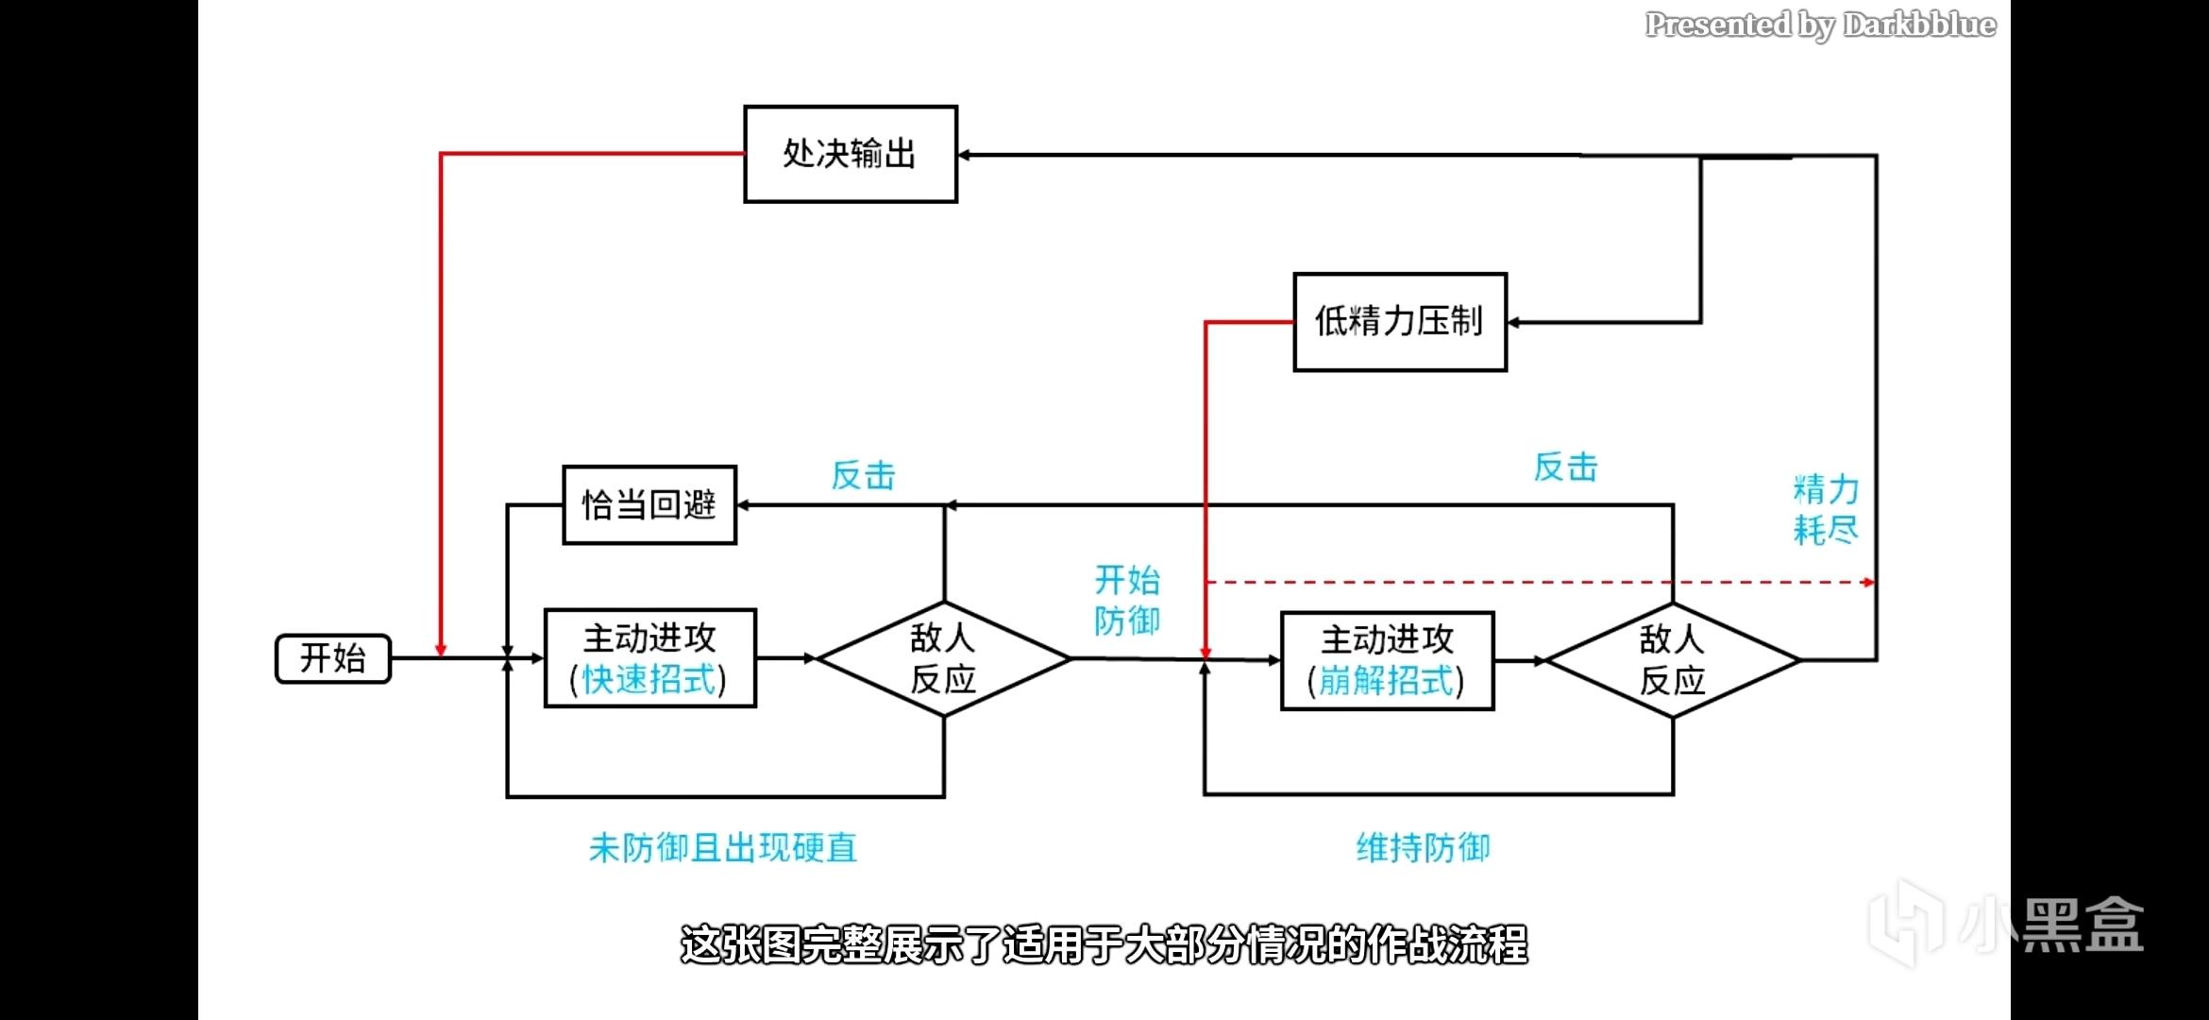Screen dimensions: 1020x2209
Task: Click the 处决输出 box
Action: tap(850, 154)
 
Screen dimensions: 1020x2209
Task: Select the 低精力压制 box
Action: tap(1399, 322)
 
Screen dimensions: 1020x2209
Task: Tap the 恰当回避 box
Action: tap(649, 505)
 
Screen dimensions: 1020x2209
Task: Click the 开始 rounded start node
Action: tap(333, 658)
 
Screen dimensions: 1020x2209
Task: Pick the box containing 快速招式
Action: tap(650, 658)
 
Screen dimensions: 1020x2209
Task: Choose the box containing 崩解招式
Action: tap(1387, 661)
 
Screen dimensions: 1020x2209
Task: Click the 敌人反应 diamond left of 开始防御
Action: tap(943, 658)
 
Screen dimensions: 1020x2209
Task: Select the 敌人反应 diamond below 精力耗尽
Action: tap(1672, 660)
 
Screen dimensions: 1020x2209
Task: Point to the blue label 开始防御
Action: tap(1127, 601)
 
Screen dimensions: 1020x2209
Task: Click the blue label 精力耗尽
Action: tap(1826, 510)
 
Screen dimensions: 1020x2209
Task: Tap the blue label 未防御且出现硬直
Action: tap(723, 848)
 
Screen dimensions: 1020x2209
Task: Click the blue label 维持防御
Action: tap(1423, 848)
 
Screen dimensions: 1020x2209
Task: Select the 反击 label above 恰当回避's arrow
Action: tap(863, 476)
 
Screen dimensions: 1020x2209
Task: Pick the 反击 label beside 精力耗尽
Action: tap(1565, 467)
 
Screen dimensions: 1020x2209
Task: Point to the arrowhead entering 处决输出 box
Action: tap(964, 155)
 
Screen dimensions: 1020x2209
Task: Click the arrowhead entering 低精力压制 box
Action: tap(1513, 323)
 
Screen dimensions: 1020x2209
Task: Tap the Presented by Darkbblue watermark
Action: tap(1820, 25)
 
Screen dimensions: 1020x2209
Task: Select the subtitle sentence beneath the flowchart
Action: tap(1104, 944)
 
